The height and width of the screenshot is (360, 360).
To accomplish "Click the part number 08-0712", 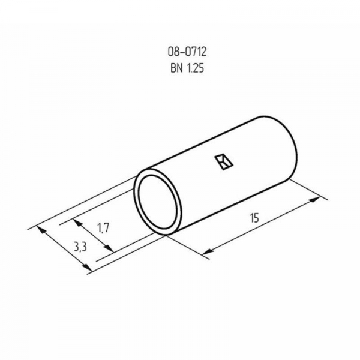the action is coord(187,52).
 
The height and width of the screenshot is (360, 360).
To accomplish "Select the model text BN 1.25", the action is coord(187,68).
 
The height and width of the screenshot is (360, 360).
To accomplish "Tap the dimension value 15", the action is coord(254,218).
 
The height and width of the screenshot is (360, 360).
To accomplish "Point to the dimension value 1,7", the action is coord(103,228).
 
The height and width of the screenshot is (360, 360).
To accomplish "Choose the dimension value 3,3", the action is coord(80,247).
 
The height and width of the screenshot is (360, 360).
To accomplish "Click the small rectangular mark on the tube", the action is coord(224,162).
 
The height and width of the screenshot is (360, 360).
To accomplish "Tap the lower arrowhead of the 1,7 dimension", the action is coord(109,248).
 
